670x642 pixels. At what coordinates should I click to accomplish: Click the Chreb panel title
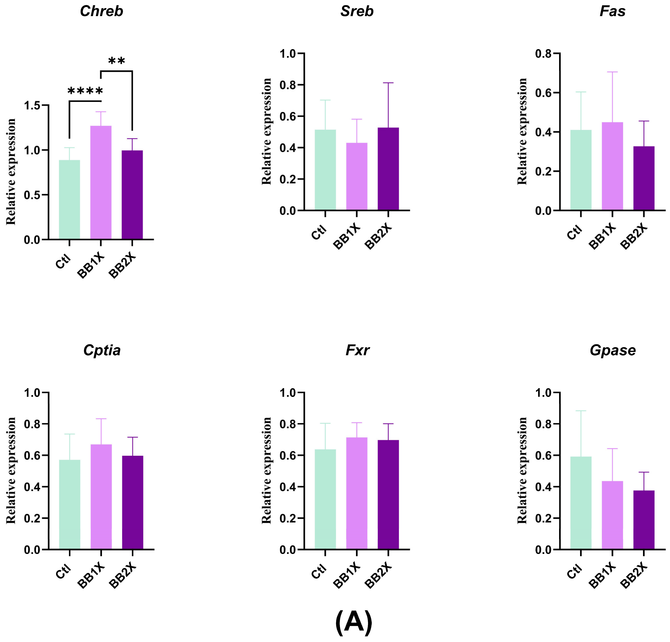pos(101,11)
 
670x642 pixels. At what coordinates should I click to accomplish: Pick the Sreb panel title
pos(357,11)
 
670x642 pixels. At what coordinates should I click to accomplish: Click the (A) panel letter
pos(354,622)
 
